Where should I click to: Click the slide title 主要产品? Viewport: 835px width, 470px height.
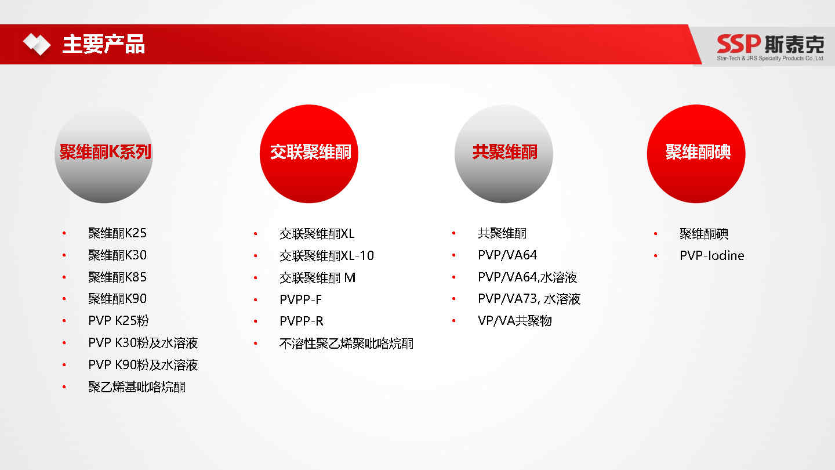coord(103,44)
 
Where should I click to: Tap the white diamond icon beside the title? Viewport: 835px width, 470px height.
coord(37,44)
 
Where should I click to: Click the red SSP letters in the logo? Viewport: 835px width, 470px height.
coord(739,44)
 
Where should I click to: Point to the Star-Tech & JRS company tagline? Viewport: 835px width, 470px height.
coord(770,58)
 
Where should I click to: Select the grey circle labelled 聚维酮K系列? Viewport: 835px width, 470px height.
coord(104,154)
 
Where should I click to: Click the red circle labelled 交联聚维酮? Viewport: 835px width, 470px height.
coord(309,154)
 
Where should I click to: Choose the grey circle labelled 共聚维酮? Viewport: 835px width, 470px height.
coord(504,154)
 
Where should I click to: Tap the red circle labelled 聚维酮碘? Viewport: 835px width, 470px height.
coord(696,154)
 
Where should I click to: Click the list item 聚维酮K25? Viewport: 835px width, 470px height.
coord(117,233)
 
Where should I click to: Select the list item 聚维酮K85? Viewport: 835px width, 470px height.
coord(117,277)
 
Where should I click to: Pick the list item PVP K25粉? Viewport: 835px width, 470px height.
coord(118,320)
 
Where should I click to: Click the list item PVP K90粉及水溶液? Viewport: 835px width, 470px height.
coord(143,364)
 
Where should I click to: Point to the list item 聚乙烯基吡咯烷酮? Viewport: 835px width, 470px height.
coord(137,387)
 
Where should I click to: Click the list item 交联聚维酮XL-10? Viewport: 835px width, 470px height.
coord(326,255)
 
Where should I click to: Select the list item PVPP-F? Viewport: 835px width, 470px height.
coord(300,299)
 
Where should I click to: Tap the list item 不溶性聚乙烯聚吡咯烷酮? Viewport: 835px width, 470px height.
coord(346,343)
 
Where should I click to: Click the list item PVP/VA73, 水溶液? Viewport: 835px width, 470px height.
coord(529,299)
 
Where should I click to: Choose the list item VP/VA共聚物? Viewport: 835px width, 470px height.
coord(514,320)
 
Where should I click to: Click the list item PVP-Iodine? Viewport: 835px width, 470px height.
coord(711,255)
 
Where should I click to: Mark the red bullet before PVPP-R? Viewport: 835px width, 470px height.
coord(256,321)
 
